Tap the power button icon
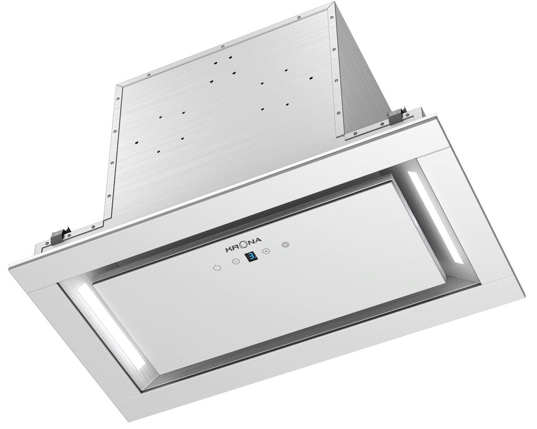click(x=216, y=268)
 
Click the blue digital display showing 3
click(x=251, y=258)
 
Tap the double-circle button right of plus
click(x=285, y=246)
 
